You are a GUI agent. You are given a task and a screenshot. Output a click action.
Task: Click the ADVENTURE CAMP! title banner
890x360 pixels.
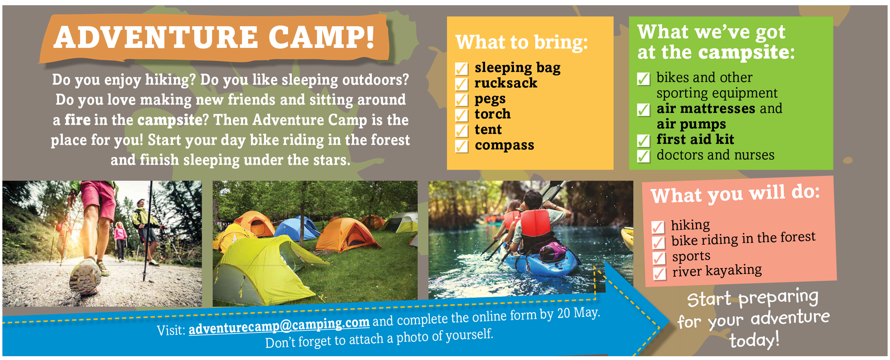214,38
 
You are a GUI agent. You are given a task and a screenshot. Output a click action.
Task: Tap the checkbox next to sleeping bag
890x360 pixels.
462,69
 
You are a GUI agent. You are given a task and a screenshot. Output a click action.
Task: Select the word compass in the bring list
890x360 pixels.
505,146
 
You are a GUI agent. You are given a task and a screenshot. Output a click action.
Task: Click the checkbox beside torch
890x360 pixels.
462,115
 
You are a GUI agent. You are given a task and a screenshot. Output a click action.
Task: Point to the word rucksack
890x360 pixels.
506,83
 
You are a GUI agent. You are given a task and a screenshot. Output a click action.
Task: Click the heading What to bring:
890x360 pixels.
522,42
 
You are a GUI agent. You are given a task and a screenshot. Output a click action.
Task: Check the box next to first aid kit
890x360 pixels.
643,140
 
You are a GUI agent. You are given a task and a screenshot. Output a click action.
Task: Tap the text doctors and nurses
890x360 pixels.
716,155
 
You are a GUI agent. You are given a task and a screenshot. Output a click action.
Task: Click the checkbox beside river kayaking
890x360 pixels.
660,274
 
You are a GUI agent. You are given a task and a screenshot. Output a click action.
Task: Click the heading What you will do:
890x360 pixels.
735,194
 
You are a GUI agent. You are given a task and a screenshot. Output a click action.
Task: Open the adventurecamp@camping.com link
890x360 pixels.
279,326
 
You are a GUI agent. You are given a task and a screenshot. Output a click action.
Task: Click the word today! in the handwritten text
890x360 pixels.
754,340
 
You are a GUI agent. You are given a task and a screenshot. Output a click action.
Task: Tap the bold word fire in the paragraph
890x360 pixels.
77,120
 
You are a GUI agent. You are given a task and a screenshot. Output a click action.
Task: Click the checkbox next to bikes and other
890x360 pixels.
643,79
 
